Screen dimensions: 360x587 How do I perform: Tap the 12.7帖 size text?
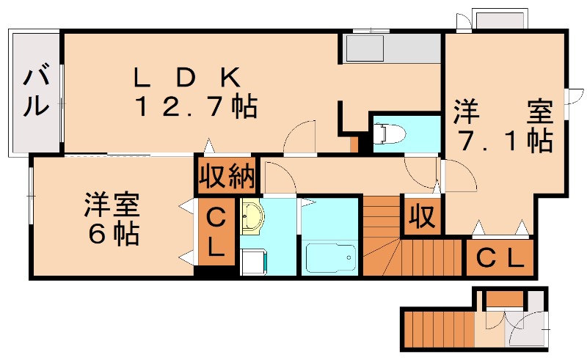[194, 108]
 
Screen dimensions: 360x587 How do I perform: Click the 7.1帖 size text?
[505, 140]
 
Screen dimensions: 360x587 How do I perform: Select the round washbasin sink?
[253, 218]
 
